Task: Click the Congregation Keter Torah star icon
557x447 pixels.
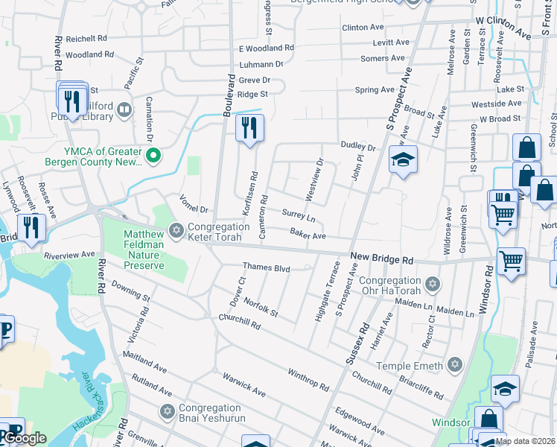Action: tap(176, 229)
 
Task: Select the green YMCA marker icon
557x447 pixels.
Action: tap(153, 156)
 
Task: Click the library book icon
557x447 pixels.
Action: tap(124, 111)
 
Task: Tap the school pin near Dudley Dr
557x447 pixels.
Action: tap(403, 160)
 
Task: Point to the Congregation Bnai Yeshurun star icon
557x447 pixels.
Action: tap(168, 411)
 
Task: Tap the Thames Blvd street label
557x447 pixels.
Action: tap(266, 267)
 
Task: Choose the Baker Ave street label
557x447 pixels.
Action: tap(308, 235)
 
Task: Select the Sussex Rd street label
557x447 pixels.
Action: tap(357, 343)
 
